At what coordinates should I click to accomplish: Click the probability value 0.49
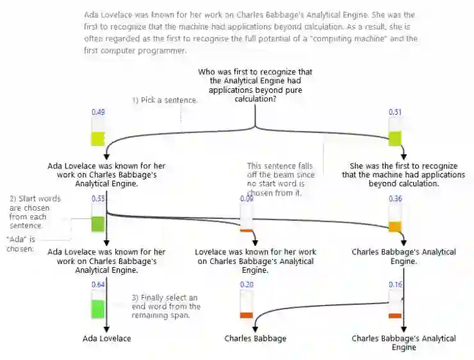[98, 112]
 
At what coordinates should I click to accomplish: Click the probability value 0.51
[395, 112]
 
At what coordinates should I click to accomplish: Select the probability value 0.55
[98, 199]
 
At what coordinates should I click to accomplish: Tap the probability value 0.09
[246, 199]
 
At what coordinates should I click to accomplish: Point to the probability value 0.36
[395, 199]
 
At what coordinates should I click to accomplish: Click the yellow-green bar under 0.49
[98, 138]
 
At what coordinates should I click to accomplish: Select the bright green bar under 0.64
[98, 308]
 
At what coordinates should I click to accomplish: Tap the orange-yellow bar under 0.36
[395, 227]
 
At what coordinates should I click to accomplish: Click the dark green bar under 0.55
[98, 224]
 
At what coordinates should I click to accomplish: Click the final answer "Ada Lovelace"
[106, 338]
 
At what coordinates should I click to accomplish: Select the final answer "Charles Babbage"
[255, 338]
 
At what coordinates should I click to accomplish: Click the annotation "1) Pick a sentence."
[165, 101]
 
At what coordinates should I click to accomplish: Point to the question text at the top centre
[256, 86]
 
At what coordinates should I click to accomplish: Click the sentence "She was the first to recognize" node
[404, 174]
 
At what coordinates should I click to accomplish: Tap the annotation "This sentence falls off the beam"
[279, 179]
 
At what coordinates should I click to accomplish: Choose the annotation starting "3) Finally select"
[165, 306]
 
